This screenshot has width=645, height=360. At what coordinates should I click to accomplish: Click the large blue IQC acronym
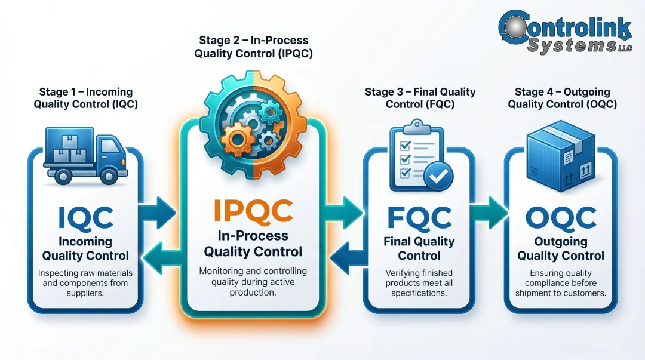(85, 217)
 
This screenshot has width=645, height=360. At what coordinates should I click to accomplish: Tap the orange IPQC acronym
(253, 210)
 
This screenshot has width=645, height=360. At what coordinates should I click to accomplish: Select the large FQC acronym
(419, 217)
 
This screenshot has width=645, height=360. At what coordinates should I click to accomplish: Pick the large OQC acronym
(561, 217)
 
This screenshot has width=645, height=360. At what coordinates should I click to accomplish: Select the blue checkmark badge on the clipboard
(438, 176)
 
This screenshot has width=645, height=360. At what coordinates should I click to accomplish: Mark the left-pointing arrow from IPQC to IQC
(161, 259)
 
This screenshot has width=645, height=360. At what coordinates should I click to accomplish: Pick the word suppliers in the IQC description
(85, 294)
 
